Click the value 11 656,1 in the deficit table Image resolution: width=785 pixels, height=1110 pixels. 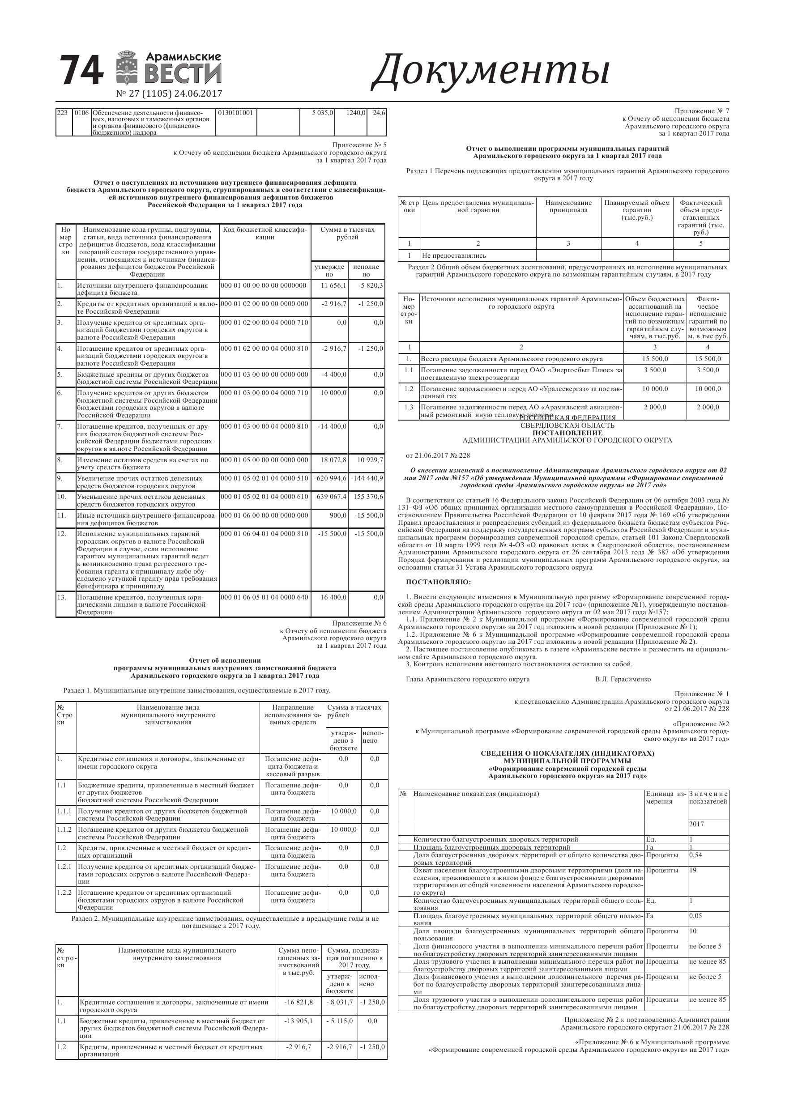point(334,285)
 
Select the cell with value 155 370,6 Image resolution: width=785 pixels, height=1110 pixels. point(367,497)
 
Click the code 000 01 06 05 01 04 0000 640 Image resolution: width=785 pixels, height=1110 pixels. point(264,597)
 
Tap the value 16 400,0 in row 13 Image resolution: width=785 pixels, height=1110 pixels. point(334,597)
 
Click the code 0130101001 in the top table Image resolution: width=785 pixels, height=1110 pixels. point(235,113)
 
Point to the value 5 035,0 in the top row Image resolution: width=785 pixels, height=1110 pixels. point(323,113)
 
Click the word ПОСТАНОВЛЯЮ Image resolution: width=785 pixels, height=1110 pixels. point(438,582)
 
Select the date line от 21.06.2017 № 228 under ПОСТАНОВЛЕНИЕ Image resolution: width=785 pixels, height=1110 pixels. point(438,455)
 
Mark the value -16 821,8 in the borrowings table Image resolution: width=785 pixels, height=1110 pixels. point(299,1002)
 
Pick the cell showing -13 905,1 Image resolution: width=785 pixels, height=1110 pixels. point(299,1021)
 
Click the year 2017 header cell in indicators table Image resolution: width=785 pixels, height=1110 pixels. point(696,824)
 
